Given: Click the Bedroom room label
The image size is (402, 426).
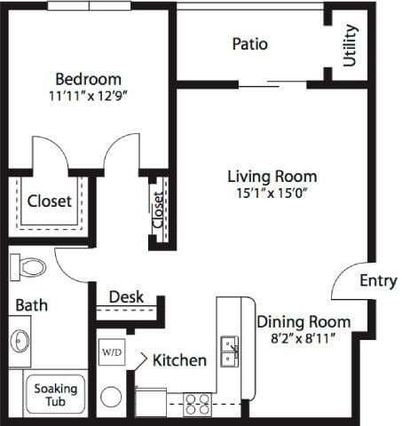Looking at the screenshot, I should point(88,79).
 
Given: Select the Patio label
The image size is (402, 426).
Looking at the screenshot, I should point(249,43).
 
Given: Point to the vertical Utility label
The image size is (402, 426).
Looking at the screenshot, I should point(350,45).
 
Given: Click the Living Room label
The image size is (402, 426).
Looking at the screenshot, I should point(271,176).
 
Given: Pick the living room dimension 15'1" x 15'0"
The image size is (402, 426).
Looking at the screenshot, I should point(271,193).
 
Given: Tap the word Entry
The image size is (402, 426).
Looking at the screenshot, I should point(378,280).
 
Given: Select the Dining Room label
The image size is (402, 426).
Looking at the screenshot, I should point(303,321).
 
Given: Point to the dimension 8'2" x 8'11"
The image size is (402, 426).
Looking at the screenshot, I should point(304,338).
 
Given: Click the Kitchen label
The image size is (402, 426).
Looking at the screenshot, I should point(179,360).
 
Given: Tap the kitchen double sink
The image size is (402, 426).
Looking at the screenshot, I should point(228,351).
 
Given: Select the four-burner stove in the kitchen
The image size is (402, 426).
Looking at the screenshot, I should point(196,404).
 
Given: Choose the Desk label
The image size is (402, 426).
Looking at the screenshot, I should point(126,297).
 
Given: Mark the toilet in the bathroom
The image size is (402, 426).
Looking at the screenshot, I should point(30,264).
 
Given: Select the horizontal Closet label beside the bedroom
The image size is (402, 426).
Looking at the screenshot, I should point(49,201).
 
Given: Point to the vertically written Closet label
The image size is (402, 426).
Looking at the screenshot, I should point(158,210).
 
